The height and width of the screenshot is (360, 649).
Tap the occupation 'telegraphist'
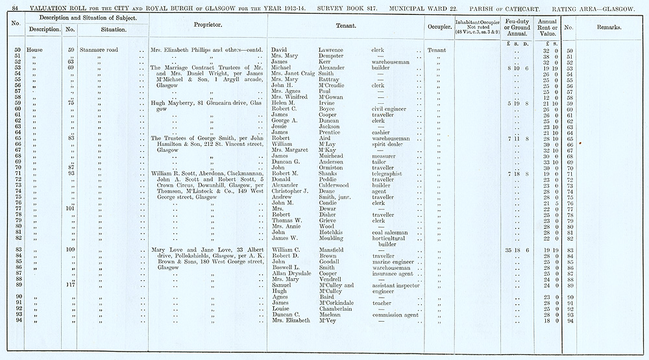coord(390,174)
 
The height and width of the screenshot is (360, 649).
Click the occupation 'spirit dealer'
coord(388,145)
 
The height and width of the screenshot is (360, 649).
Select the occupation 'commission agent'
coord(395,314)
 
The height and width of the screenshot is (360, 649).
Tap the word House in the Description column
coord(34,50)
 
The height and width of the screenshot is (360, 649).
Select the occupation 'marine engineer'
coord(395,261)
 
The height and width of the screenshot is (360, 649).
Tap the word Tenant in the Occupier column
coord(437,50)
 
